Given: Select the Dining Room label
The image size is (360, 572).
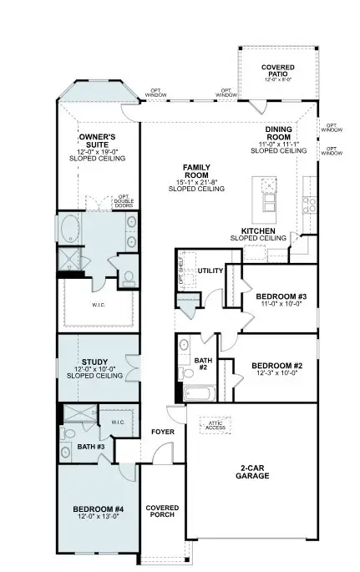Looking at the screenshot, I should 279,134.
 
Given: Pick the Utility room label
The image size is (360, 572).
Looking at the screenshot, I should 210,271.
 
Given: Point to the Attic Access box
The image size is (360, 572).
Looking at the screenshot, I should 218,426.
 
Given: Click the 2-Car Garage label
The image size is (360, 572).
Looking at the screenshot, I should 251,471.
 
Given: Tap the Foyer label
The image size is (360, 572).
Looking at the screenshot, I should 162,432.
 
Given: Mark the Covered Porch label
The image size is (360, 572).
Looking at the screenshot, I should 161,512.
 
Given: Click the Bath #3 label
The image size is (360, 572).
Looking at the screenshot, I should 91,448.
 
